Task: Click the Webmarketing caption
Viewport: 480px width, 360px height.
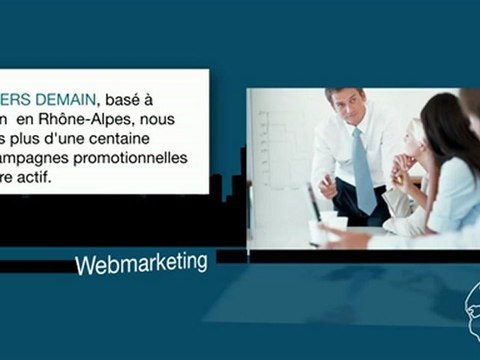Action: coord(141,264)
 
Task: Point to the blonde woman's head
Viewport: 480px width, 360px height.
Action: coord(414,137)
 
